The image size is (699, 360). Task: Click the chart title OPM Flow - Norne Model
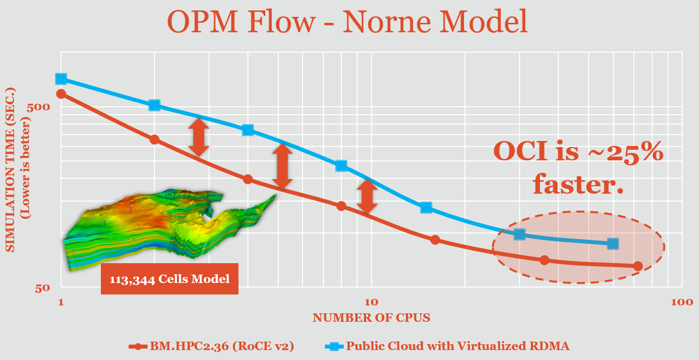(x=347, y=22)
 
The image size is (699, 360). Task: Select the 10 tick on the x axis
(x=371, y=302)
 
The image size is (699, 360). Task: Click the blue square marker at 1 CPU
(x=61, y=79)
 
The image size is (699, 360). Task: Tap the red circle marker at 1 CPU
(x=61, y=94)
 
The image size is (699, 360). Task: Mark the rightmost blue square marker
(x=613, y=243)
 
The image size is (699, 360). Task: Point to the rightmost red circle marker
(x=638, y=266)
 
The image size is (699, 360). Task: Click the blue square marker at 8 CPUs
(x=341, y=165)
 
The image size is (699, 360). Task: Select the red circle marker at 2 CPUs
(x=155, y=140)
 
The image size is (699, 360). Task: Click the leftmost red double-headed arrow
(x=198, y=137)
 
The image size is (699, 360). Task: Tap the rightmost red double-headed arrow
(x=367, y=196)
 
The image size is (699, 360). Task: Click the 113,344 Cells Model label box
(x=169, y=279)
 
